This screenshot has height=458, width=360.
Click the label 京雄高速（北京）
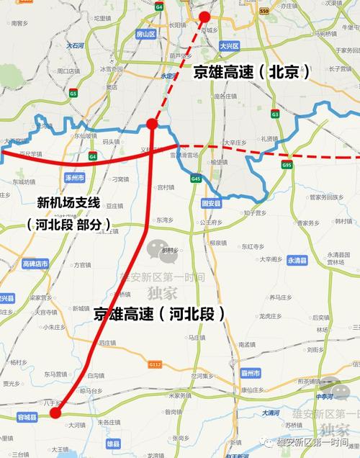251,72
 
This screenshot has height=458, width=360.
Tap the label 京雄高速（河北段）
159,313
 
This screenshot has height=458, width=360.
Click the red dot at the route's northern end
204,17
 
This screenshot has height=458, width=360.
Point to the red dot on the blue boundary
152,124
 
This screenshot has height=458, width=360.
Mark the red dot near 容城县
55,413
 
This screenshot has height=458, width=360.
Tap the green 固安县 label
212,203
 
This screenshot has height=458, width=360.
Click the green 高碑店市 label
35,264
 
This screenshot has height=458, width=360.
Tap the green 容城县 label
27,417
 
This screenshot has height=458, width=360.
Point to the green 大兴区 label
229,45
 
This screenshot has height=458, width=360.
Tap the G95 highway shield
288,165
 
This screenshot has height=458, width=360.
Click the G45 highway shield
196,179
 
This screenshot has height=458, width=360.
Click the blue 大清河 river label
269,413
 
